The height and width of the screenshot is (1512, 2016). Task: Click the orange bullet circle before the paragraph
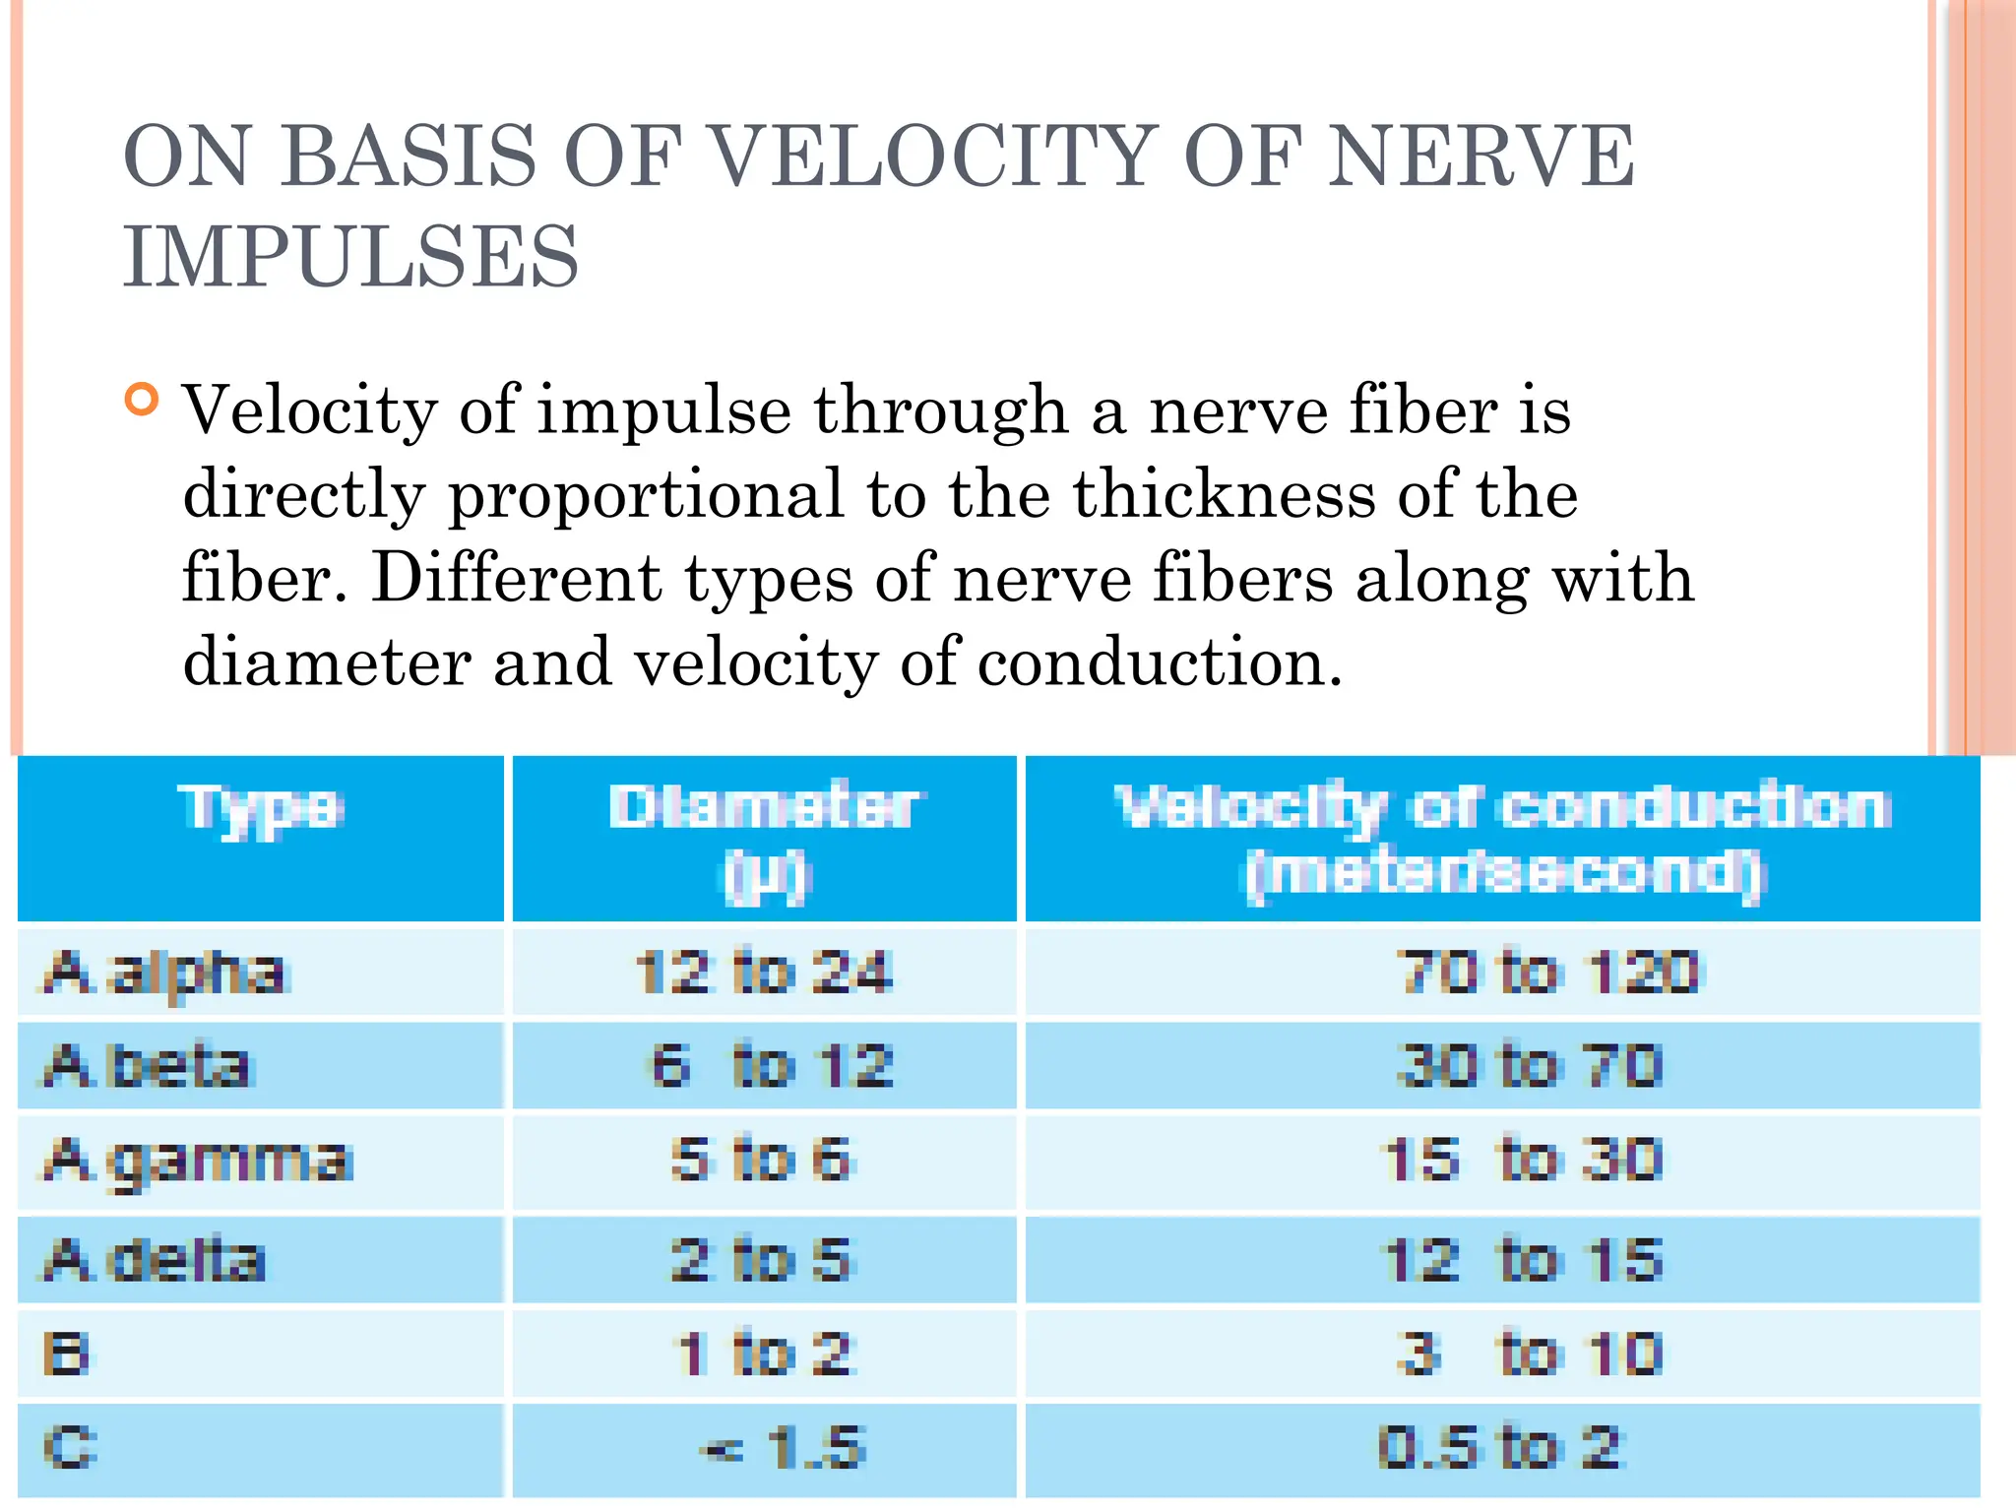(142, 400)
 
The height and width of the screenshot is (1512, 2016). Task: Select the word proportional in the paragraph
(646, 493)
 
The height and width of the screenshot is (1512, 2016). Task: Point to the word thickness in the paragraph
(1224, 493)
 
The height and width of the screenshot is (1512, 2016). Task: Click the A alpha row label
(164, 973)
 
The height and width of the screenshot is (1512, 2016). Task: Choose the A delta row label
(155, 1260)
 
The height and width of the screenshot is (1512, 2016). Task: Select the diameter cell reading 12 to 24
(764, 973)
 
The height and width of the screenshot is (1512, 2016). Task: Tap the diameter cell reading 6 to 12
(772, 1066)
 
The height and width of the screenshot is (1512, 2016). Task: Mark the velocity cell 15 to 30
(1524, 1160)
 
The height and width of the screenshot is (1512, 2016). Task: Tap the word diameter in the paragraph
(326, 661)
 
